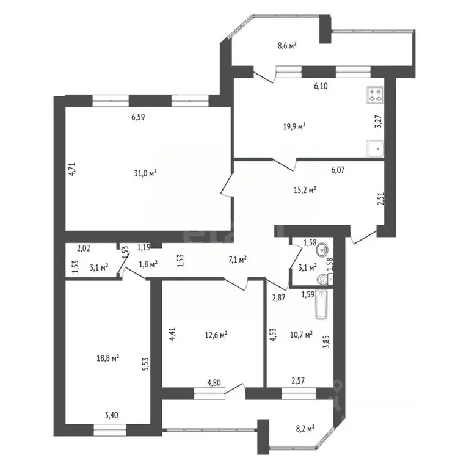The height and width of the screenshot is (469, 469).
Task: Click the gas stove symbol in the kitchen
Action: click(x=376, y=95)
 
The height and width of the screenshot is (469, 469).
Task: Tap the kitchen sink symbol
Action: click(x=375, y=148)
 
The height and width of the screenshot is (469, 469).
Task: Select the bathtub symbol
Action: click(x=322, y=304)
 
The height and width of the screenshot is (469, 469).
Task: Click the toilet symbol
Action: click(x=324, y=279)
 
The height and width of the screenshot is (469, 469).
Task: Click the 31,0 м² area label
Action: click(x=145, y=173)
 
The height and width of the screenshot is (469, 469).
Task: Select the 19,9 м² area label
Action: click(x=294, y=126)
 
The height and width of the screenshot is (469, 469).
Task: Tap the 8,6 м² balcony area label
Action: click(x=287, y=45)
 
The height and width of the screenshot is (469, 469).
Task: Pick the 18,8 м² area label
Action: click(x=108, y=358)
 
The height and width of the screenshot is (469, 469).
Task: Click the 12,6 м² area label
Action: click(x=216, y=335)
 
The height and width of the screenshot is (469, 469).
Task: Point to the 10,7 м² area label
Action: click(x=302, y=334)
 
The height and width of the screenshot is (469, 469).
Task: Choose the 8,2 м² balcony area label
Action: click(x=305, y=429)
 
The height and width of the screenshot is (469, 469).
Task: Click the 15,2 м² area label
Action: click(x=305, y=190)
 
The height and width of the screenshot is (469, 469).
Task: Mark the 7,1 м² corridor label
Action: click(x=238, y=260)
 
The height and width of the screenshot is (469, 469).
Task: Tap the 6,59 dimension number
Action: click(x=138, y=117)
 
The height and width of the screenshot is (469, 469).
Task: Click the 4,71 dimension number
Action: click(x=72, y=169)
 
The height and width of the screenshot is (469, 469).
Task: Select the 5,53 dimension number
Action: click(x=145, y=365)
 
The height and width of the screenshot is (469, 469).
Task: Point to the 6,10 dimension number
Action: click(x=321, y=86)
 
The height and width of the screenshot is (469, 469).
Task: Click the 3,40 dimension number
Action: click(x=111, y=415)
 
